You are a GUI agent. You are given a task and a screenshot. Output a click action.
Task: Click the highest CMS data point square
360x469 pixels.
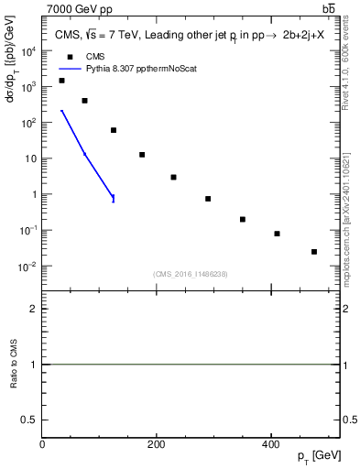[61, 81]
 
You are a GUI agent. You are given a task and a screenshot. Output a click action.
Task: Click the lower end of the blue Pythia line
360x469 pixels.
[114, 199]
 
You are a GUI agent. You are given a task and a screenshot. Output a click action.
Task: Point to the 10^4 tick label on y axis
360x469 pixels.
[28, 51]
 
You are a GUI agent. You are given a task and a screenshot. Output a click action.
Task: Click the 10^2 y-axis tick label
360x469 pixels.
[28, 123]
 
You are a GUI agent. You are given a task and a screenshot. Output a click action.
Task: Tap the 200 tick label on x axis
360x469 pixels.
[156, 444]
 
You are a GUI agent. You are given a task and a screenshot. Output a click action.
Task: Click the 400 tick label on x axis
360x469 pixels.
[269, 444]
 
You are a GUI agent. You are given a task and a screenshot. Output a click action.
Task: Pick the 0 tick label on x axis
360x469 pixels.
[42, 444]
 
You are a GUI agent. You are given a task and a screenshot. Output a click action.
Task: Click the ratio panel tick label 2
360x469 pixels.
[32, 309]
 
